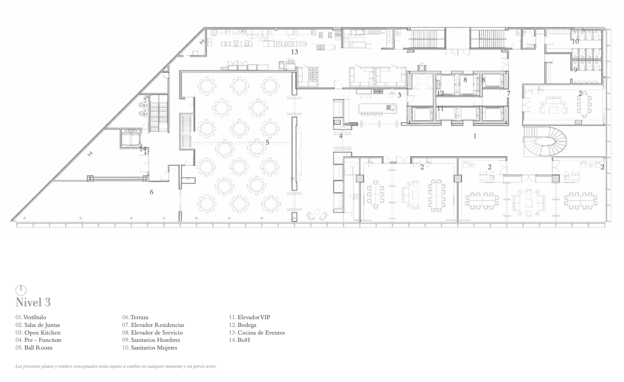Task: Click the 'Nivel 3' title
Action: tap(33, 302)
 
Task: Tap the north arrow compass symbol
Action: tap(21, 290)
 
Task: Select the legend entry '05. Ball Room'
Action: tap(34, 347)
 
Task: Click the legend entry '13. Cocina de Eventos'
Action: tap(257, 332)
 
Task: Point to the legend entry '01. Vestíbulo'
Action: tap(31, 317)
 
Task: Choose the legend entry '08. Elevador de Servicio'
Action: tap(152, 332)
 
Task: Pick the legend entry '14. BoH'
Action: tap(239, 340)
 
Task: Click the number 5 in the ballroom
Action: tap(267, 142)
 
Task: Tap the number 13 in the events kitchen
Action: tap(294, 52)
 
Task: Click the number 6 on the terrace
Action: tap(152, 192)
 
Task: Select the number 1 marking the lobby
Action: tap(475, 136)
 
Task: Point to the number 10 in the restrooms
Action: tap(575, 41)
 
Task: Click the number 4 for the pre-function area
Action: tap(340, 136)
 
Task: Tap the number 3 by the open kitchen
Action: tap(399, 95)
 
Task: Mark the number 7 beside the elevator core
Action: tap(509, 94)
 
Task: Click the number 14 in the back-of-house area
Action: tap(143, 149)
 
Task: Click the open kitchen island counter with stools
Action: tap(378, 108)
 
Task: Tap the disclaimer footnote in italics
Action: tap(116, 366)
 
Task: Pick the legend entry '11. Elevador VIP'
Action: tap(249, 317)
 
